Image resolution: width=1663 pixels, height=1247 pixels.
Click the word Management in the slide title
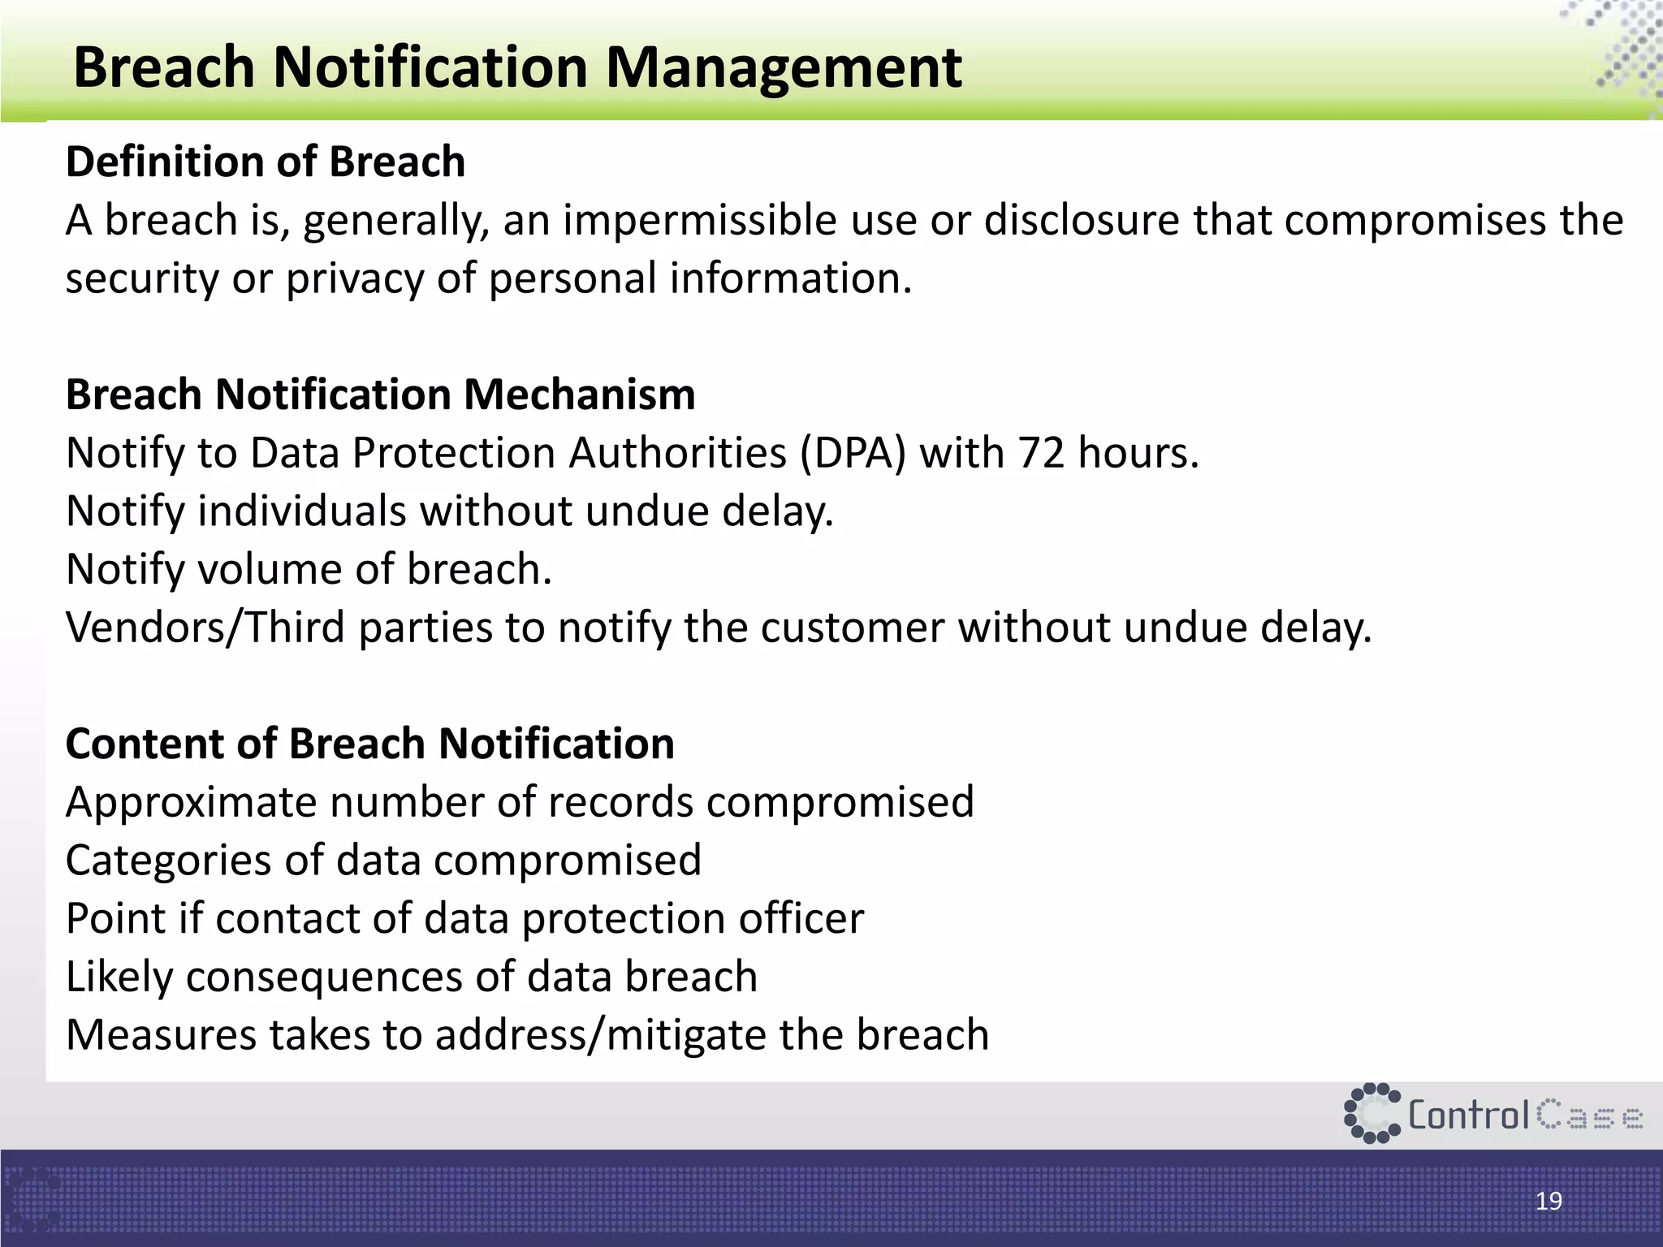click(x=784, y=68)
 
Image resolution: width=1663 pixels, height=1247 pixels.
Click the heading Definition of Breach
click(x=266, y=162)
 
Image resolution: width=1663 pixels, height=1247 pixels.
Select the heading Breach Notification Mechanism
click(x=380, y=395)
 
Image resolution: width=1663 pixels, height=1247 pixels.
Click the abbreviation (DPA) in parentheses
click(x=853, y=453)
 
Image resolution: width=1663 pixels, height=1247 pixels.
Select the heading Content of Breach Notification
click(x=369, y=744)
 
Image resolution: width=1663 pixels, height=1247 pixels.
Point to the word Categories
click(x=168, y=861)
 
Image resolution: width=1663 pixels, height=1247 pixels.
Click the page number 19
click(x=1549, y=1201)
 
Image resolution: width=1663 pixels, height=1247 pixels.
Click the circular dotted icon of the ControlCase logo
click(x=1371, y=1113)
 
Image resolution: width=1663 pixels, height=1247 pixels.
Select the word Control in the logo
click(x=1469, y=1115)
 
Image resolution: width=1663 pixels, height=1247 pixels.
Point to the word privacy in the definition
click(x=355, y=279)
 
